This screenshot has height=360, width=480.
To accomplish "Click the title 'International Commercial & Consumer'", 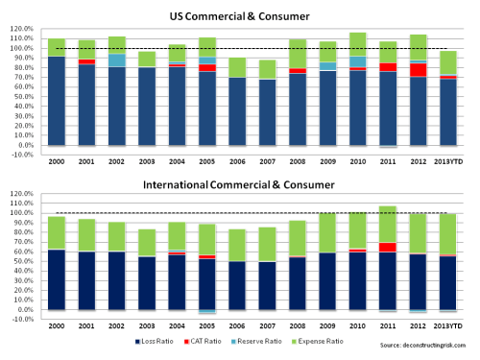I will (240, 184).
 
